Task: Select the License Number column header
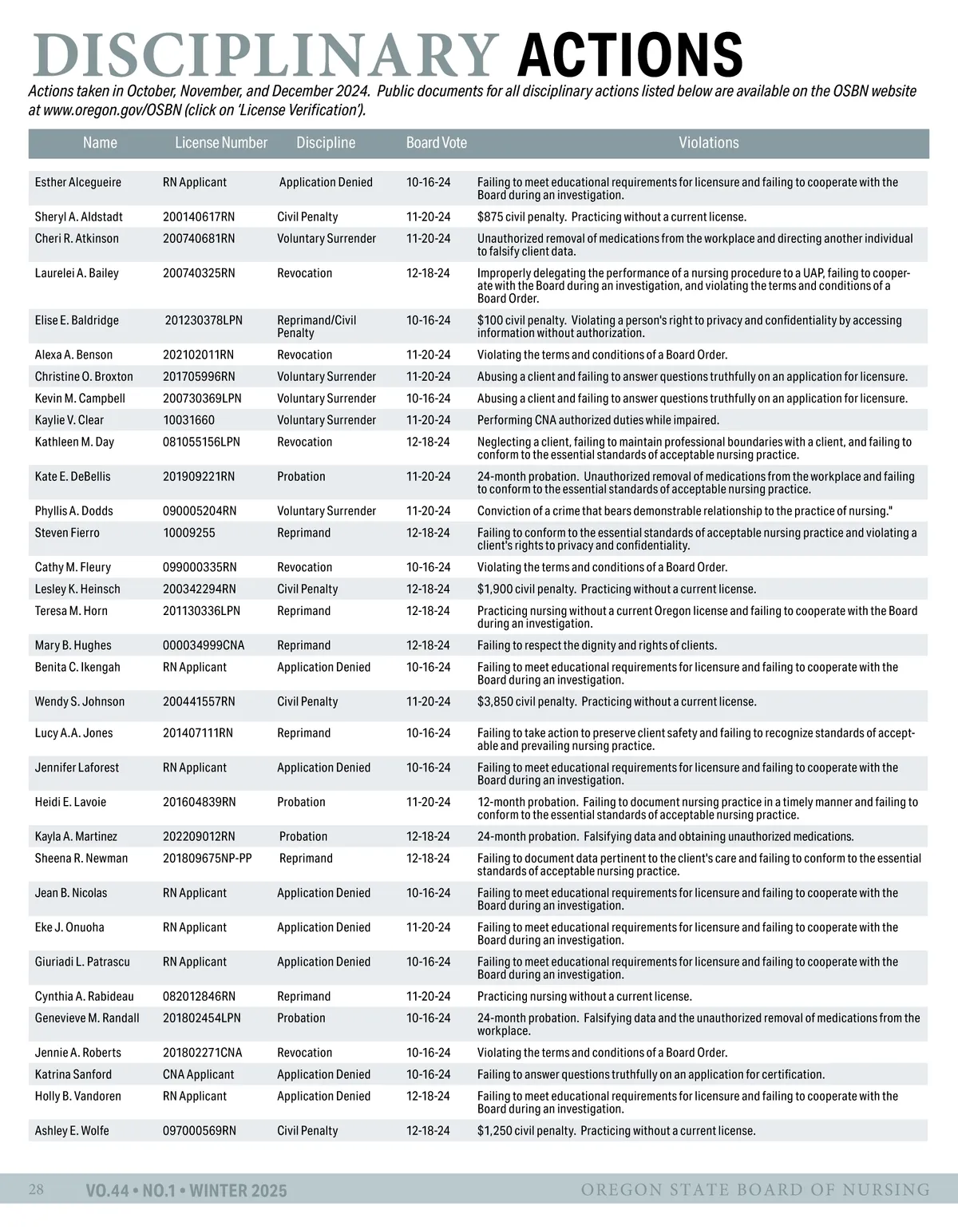[221, 143]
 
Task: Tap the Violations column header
[708, 143]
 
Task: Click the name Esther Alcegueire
[78, 182]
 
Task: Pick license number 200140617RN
[199, 216]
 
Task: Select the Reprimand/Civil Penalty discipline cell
[316, 327]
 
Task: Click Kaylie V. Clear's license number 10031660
[188, 420]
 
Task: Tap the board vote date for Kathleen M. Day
[428, 442]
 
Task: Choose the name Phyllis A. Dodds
[73, 511]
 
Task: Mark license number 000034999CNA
[204, 645]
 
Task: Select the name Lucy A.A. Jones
[74, 733]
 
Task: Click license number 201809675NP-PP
[207, 859]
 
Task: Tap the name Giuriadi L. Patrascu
[82, 962]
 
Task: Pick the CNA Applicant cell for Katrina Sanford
[198, 1074]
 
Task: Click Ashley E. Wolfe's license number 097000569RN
[200, 1131]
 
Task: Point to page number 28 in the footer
[36, 1190]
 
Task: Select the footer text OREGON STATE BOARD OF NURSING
[755, 1190]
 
